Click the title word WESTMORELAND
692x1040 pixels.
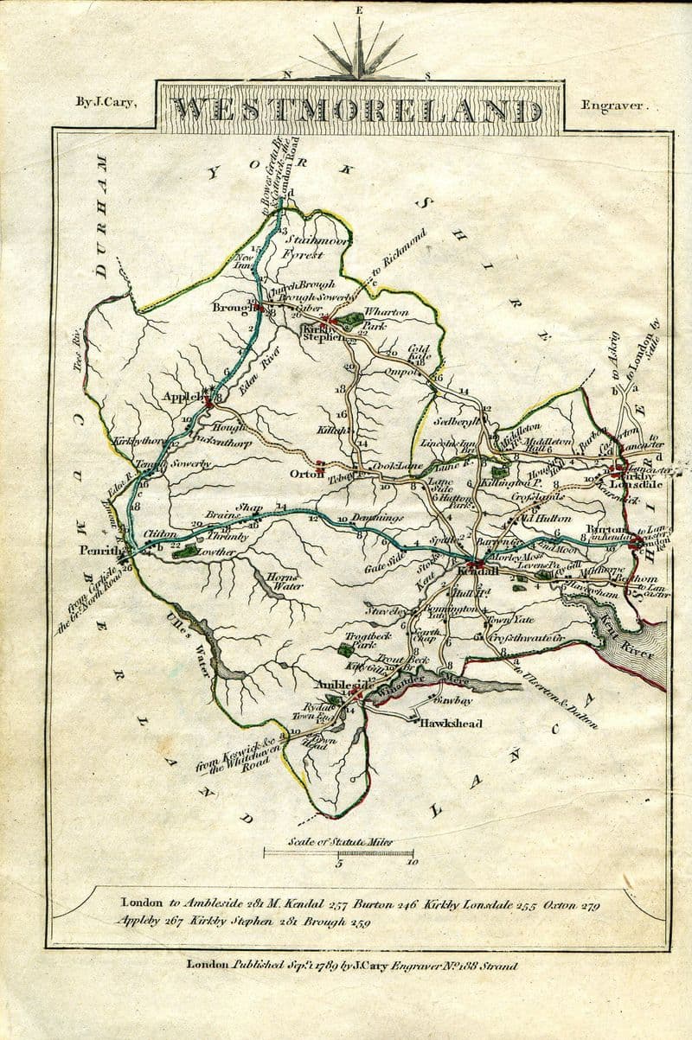tap(357, 110)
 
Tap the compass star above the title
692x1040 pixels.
tap(358, 51)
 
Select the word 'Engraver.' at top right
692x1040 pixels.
tap(612, 105)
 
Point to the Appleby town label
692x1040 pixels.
tap(183, 397)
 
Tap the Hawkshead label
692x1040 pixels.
tap(451, 723)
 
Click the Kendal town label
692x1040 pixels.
tap(472, 572)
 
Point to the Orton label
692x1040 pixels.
tap(308, 472)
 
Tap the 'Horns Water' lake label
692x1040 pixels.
tap(284, 582)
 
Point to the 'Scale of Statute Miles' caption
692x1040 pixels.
tap(338, 840)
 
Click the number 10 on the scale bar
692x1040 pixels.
tap(410, 861)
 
